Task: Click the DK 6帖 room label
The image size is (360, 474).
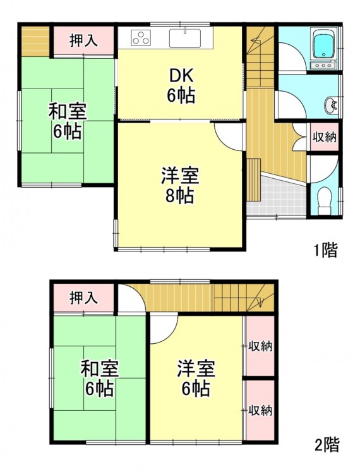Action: [181, 86]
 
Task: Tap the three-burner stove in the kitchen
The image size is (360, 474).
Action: [140, 38]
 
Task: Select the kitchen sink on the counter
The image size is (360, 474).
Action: [185, 38]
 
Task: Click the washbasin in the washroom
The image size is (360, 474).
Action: [332, 106]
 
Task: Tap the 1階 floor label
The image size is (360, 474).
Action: [325, 251]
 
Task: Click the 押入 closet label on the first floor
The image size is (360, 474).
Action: [83, 40]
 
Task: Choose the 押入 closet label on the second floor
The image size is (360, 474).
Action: [83, 298]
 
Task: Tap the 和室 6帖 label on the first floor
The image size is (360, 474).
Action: [68, 121]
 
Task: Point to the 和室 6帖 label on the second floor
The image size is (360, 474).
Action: [99, 378]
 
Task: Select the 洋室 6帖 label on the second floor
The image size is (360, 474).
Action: [196, 378]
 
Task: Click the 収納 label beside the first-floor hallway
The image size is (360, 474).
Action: [325, 138]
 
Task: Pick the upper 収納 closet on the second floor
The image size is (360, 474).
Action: [260, 346]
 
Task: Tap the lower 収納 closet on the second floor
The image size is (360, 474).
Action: [260, 410]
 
